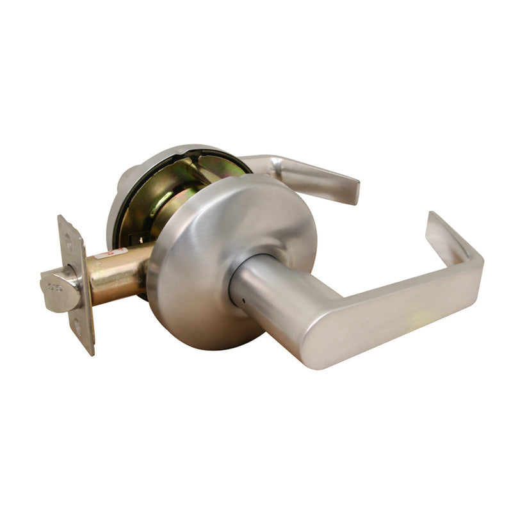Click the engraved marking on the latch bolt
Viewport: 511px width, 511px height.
(x=54, y=287)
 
